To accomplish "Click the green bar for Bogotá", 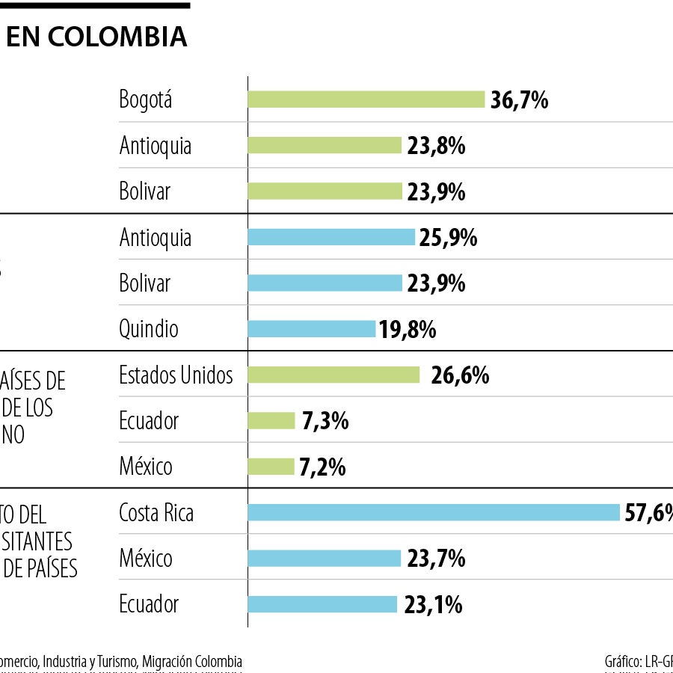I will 366,99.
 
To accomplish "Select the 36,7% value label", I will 519,100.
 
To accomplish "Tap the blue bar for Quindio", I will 311,329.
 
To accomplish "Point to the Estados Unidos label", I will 176,375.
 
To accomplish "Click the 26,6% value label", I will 460,375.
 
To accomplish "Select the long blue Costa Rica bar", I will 434,512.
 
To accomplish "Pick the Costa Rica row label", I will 156,513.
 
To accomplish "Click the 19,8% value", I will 408,330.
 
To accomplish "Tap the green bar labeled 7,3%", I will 271,421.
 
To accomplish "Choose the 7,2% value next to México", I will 322,467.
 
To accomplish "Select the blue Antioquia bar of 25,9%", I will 331,237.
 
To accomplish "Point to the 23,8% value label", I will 436,146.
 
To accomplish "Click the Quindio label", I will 148,329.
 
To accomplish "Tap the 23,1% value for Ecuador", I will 433,604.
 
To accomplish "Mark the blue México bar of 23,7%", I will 325,559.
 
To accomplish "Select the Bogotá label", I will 145,99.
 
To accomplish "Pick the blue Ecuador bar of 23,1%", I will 322,604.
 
